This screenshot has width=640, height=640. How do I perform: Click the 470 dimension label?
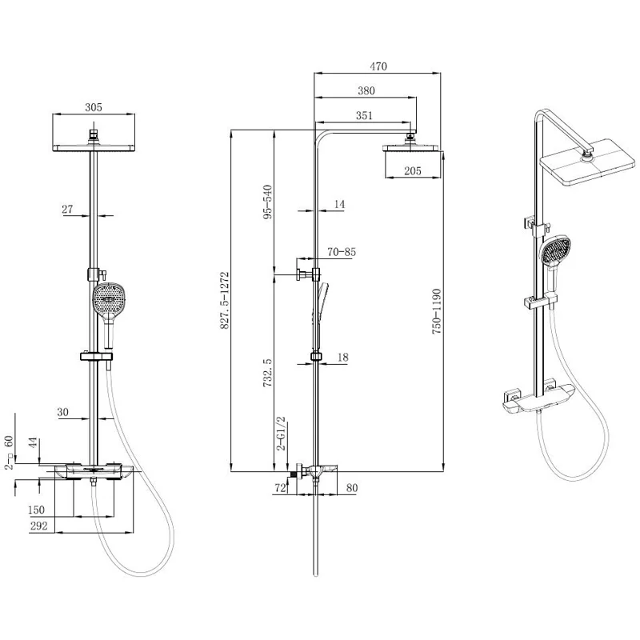(378, 66)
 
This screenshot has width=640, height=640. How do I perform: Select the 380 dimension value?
(366, 90)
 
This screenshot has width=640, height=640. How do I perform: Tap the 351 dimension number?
(364, 115)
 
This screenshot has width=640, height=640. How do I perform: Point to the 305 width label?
(94, 107)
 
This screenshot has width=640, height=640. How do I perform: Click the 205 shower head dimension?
(413, 170)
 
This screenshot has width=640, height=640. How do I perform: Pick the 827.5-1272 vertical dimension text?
(225, 301)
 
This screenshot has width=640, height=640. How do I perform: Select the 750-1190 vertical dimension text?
(437, 311)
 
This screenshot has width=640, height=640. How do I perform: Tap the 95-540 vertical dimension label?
(267, 202)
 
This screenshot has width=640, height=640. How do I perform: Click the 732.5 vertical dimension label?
(267, 373)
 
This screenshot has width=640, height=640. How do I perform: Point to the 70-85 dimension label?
(342, 252)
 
